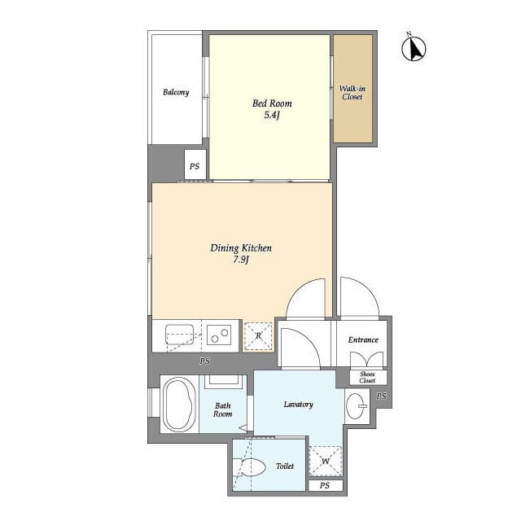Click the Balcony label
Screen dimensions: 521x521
[x=176, y=92]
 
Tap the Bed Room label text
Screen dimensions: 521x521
[x=272, y=103]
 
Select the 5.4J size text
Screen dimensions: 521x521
[x=272, y=116]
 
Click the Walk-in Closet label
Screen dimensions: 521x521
[x=352, y=93]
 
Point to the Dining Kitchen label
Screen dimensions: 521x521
[x=241, y=247]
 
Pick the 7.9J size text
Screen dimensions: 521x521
[x=241, y=260]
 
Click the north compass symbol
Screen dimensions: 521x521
[x=414, y=47]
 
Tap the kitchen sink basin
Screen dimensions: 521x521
[x=180, y=335]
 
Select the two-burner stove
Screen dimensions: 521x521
[x=219, y=335]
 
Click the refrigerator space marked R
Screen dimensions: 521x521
[x=258, y=336]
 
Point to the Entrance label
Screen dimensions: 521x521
[x=363, y=340]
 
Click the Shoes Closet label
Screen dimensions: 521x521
[x=367, y=378]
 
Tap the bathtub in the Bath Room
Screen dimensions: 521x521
[x=180, y=405]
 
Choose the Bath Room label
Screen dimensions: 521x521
[x=222, y=409]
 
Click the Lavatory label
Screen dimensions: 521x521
[x=299, y=405]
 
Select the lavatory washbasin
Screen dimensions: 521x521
[x=356, y=405]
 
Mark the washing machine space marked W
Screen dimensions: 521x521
[x=326, y=462]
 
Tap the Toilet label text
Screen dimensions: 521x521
[x=285, y=466]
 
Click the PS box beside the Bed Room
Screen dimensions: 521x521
[x=195, y=165]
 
